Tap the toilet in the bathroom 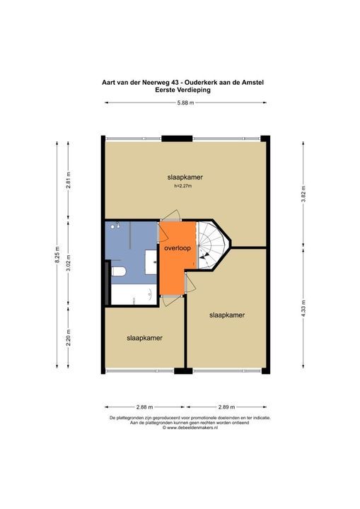coord(119,271)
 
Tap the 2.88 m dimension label coord(144,408)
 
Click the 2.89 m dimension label coord(227,408)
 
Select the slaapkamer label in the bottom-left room coord(144,338)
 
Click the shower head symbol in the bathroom coord(119,226)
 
